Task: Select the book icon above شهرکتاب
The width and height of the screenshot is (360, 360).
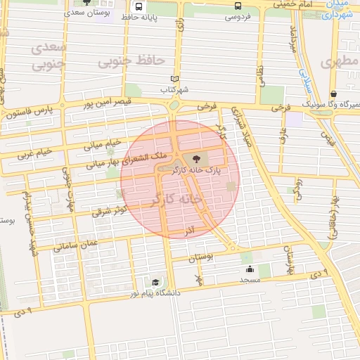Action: [174, 79]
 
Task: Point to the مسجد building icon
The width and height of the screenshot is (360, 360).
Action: [250, 269]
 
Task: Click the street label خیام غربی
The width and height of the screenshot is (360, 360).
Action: [35, 152]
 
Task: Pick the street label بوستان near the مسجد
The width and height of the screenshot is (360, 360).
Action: [200, 258]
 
